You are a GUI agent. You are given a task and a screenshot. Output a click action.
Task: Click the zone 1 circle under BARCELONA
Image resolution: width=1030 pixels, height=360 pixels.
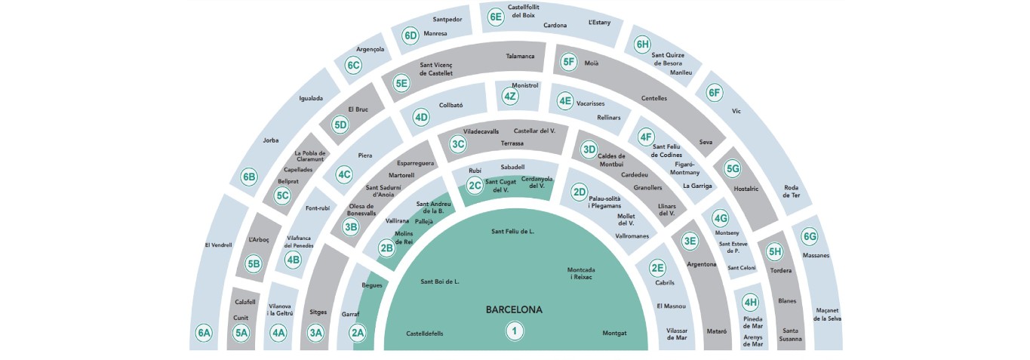click(515, 331)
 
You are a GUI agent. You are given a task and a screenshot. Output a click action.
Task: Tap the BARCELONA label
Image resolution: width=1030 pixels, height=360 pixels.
click(514, 309)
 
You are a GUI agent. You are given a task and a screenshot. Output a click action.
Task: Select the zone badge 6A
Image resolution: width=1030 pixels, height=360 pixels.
click(204, 333)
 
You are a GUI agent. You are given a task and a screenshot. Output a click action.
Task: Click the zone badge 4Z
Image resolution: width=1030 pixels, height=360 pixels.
click(511, 97)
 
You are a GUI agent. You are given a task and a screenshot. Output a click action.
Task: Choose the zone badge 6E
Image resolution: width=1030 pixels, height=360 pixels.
click(495, 17)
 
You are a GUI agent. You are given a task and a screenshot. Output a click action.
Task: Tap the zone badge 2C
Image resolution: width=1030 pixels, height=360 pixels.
click(474, 185)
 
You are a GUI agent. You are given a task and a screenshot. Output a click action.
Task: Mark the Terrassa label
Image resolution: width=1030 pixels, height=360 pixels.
click(512, 143)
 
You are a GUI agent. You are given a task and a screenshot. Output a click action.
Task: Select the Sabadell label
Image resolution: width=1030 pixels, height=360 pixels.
click(512, 166)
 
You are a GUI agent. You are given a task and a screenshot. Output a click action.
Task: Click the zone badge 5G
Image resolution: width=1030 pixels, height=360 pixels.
click(732, 168)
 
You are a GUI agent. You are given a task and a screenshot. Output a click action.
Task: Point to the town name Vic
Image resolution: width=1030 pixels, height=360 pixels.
click(737, 111)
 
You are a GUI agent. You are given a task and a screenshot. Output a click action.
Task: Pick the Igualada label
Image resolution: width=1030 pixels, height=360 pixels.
click(311, 98)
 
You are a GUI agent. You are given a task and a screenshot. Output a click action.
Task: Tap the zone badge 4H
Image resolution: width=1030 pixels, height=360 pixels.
click(750, 303)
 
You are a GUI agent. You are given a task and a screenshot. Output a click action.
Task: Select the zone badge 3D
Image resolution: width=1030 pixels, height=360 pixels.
click(589, 149)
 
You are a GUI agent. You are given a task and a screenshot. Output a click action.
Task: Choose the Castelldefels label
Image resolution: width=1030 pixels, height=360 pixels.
click(425, 333)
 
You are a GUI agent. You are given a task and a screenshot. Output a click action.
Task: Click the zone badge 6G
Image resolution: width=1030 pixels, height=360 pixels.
click(810, 236)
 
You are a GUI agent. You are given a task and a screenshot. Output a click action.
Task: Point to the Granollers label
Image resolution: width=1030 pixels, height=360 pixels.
click(647, 187)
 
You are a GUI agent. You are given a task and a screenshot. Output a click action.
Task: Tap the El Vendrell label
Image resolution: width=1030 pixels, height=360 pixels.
click(218, 245)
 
